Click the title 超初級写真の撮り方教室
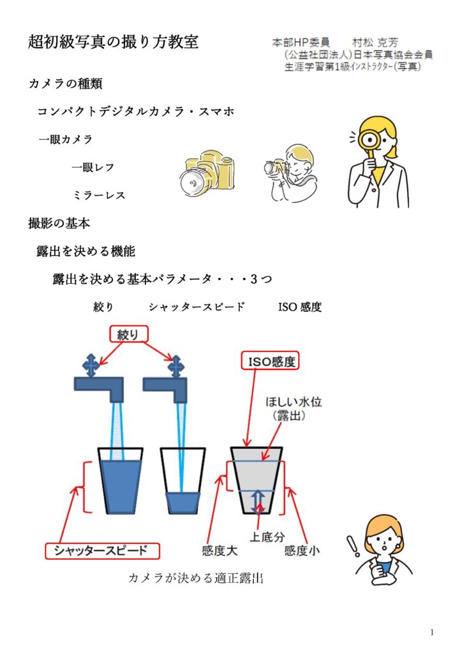tap(114, 42)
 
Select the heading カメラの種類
tap(66, 84)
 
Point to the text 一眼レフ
tap(93, 167)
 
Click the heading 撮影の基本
tap(59, 223)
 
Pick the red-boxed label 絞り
tap(132, 334)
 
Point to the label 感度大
tap(218, 550)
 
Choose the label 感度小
tap(302, 550)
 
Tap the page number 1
tap(432, 632)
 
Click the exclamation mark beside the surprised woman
tap(350, 545)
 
